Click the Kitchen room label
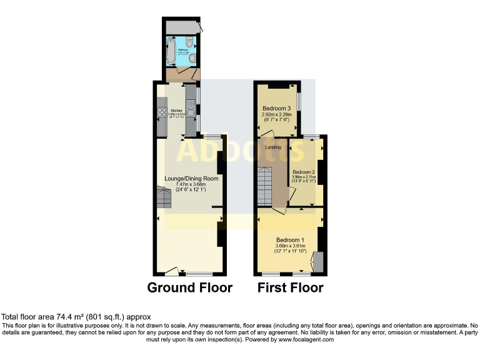(176, 110)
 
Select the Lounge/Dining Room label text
(191, 178)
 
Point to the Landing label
(273, 147)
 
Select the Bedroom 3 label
(276, 107)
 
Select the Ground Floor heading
(189, 288)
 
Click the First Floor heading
(291, 288)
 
